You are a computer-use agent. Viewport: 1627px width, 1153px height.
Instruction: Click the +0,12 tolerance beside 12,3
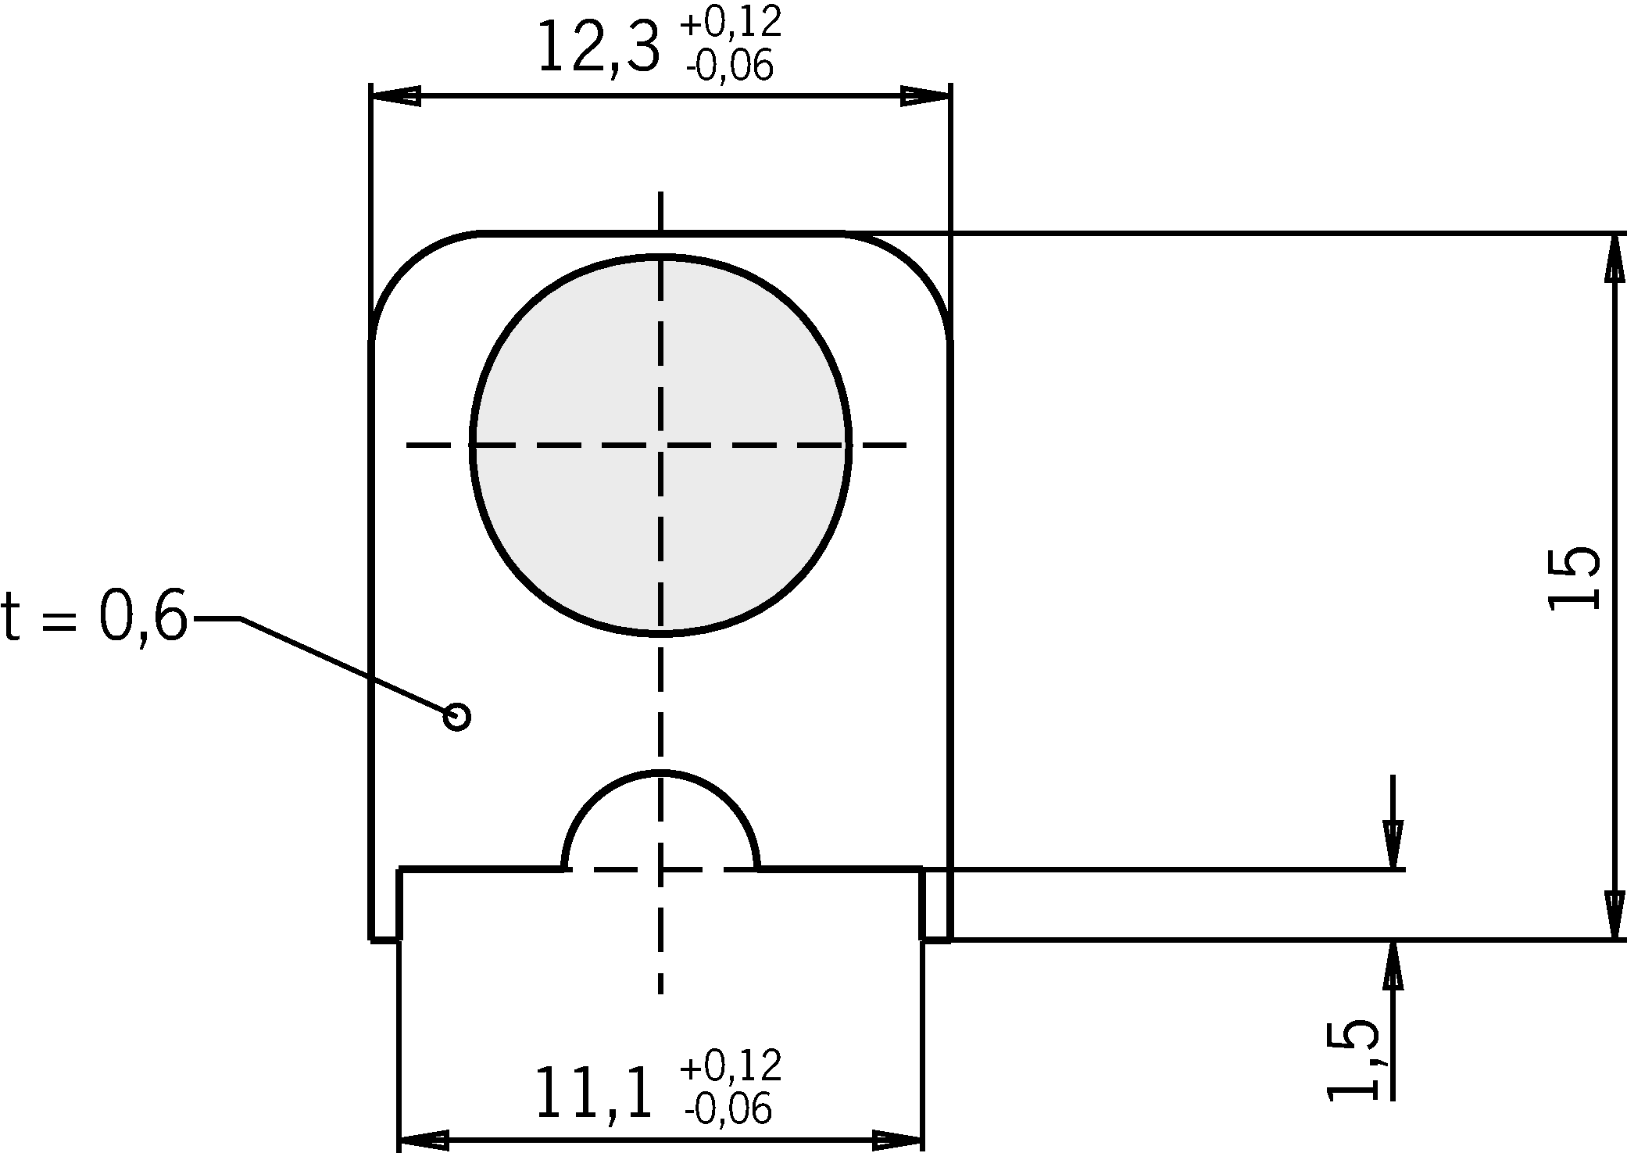tap(731, 23)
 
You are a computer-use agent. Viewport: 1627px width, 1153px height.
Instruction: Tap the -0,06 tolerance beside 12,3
tap(729, 66)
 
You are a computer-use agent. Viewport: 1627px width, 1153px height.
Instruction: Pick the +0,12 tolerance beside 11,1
tap(731, 1065)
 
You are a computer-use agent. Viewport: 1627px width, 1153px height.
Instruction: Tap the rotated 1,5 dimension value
tap(1353, 1059)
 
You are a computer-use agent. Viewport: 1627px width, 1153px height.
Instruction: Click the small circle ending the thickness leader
tap(457, 716)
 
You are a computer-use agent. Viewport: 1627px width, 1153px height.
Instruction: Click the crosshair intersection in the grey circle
tap(660, 445)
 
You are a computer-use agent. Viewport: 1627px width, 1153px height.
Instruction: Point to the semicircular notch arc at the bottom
tap(660, 773)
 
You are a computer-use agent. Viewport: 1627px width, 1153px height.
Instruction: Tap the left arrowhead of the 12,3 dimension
tap(395, 96)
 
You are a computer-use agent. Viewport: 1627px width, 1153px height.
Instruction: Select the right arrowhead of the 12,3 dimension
tap(926, 96)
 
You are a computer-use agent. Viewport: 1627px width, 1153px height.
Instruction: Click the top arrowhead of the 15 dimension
tap(1614, 258)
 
